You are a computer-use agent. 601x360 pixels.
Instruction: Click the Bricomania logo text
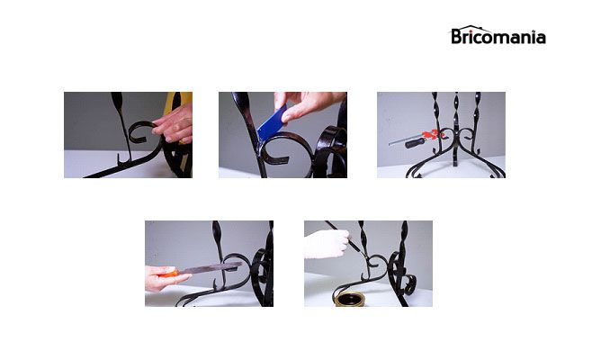point(498,37)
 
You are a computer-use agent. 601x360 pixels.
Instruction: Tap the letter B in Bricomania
point(456,36)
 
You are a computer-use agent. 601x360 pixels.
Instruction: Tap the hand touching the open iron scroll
point(175,124)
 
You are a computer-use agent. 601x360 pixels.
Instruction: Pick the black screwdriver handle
point(415,143)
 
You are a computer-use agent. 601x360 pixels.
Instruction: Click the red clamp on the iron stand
point(431,135)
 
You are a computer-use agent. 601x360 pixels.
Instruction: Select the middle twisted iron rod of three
point(455,129)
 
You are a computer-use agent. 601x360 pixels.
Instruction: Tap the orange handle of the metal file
point(168,274)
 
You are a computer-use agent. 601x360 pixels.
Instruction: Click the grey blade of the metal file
point(210,268)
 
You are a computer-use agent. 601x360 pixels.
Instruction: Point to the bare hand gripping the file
point(161,279)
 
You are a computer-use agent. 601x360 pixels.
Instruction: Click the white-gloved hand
point(327,244)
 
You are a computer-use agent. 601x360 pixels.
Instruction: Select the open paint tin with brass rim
point(349,299)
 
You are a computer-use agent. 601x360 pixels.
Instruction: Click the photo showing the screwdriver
point(441,135)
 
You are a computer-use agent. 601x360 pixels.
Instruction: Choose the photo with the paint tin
point(368,264)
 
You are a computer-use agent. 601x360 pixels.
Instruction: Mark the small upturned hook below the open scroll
point(121,160)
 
